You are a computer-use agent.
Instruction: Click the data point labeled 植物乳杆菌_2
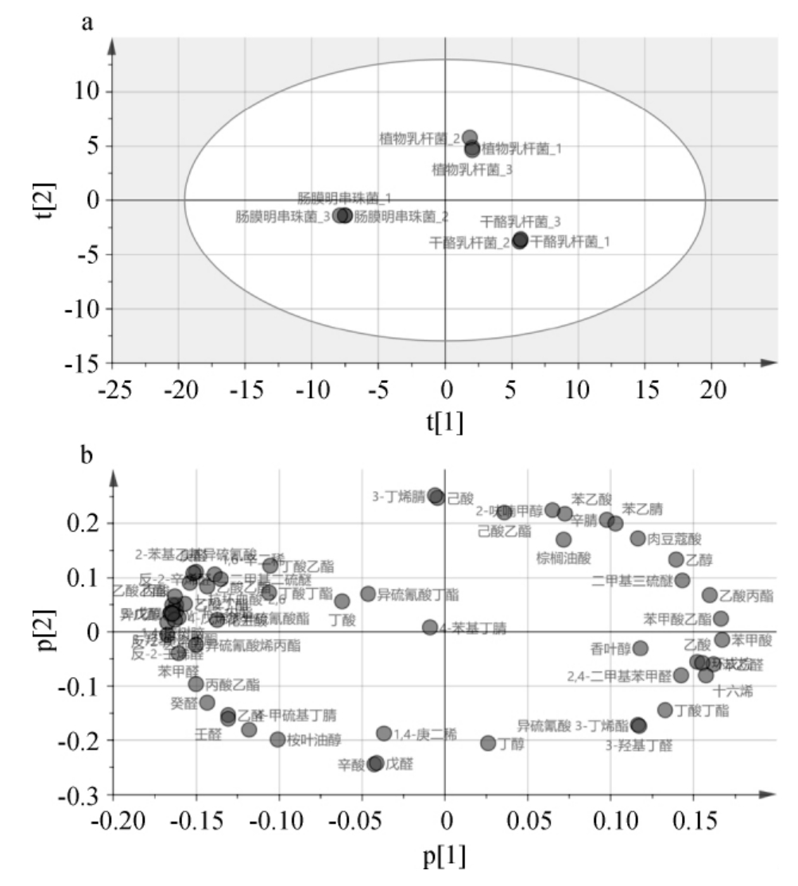470,137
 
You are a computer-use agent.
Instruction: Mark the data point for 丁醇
488,743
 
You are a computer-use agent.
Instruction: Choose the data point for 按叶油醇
277,739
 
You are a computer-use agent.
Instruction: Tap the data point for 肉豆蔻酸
637,538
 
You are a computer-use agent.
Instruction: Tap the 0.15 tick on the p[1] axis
693,823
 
